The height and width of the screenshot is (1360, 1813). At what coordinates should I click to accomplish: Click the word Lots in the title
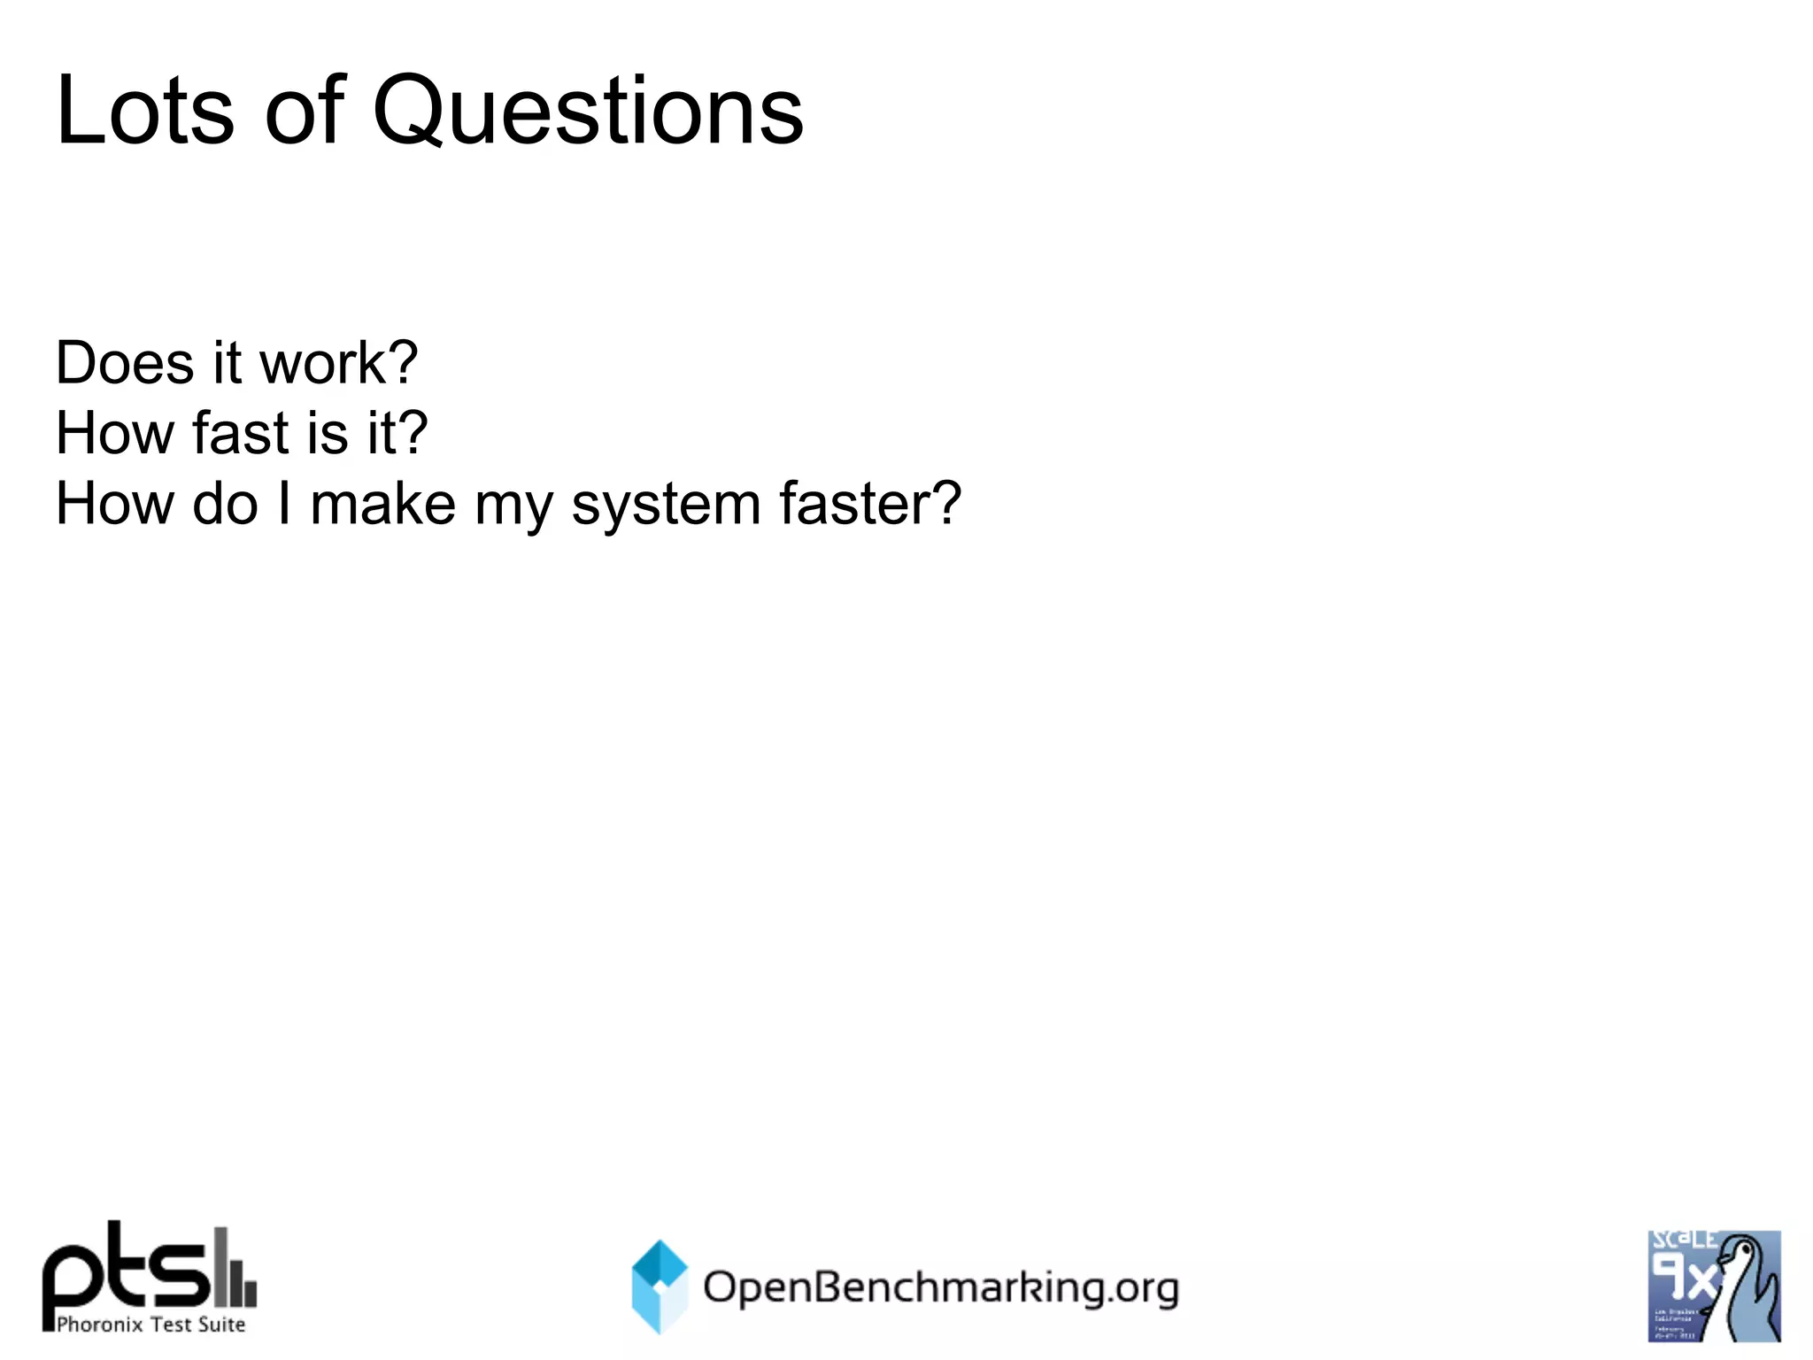point(144,112)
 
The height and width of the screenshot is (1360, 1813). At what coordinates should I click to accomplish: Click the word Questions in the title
point(588,112)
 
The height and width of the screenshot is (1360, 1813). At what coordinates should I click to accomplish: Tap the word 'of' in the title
point(305,112)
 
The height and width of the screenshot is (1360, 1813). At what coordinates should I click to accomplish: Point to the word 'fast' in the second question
point(240,434)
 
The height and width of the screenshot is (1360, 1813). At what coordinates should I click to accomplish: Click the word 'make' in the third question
point(382,505)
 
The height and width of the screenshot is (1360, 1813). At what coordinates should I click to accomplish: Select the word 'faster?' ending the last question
point(869,505)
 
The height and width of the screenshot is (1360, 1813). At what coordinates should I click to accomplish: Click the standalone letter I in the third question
point(284,505)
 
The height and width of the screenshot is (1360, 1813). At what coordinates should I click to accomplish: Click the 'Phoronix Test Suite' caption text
point(150,1325)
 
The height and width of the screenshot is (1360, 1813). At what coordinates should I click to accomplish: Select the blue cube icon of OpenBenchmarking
point(660,1286)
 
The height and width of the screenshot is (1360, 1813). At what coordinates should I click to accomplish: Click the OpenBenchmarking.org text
point(940,1287)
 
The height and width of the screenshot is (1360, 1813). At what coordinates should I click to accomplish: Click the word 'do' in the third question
point(225,505)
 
